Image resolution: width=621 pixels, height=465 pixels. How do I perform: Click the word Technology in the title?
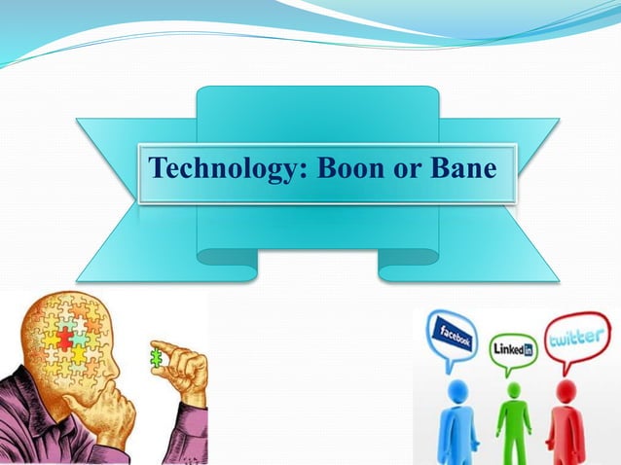pyautogui.click(x=223, y=170)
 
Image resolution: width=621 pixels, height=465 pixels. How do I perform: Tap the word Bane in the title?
pyautogui.click(x=463, y=170)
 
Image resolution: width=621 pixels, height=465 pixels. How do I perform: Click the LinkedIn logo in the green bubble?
pyautogui.click(x=513, y=345)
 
